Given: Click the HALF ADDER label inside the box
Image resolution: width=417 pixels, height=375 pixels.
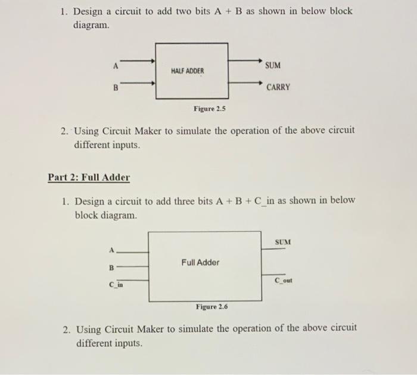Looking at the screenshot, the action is tap(187, 70).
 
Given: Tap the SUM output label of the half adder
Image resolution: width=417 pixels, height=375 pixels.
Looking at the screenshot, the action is tap(273, 64).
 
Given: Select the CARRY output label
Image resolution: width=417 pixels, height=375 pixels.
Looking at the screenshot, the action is tap(278, 87).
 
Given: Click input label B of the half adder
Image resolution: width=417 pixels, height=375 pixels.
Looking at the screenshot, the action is tap(116, 88).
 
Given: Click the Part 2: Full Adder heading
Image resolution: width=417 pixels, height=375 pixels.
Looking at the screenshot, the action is tap(89, 177).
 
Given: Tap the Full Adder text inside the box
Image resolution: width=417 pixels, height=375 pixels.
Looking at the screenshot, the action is tap(200, 262).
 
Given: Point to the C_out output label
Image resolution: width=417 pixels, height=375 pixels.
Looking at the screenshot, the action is tap(284, 280).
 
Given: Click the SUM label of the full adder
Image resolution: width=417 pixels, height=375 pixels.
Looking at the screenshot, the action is tap(283, 241).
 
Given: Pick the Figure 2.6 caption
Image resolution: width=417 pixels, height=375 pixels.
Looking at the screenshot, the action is tap(211, 307).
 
